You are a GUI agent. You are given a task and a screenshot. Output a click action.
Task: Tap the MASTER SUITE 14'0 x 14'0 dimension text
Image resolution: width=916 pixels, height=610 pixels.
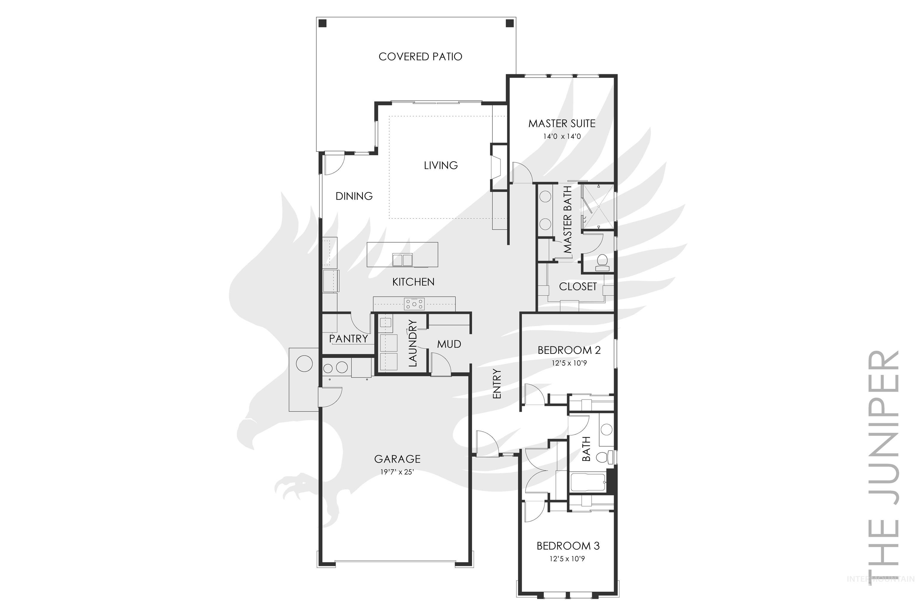click(x=562, y=136)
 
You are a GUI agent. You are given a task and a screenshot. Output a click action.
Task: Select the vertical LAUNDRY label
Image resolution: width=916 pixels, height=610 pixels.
click(x=413, y=343)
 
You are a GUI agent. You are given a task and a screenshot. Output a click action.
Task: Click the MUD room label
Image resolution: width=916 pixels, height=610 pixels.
click(x=449, y=344)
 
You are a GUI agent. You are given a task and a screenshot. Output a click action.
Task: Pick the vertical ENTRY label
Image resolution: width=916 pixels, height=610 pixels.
click(x=497, y=384)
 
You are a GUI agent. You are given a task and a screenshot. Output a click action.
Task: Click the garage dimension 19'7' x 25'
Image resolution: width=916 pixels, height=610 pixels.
click(x=397, y=472)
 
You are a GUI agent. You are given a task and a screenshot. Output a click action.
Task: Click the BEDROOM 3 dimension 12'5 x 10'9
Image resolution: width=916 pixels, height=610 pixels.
click(x=567, y=559)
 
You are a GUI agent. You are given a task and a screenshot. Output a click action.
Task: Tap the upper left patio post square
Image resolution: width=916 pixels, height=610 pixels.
click(x=322, y=23)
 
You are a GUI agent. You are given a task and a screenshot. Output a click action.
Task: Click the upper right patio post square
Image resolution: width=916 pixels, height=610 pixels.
click(x=509, y=23)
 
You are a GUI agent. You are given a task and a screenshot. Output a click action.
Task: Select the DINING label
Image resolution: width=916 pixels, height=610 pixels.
click(x=354, y=196)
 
